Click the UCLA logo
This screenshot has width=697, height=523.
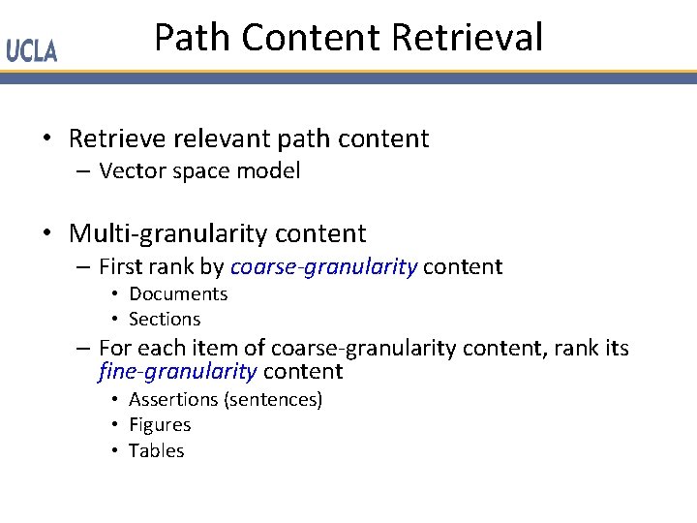(x=32, y=51)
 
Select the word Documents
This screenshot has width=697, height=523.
(x=178, y=293)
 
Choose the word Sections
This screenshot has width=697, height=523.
(x=165, y=319)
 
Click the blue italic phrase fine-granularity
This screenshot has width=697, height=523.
(x=178, y=372)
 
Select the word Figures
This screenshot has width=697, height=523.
(x=160, y=424)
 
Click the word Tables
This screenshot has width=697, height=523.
(x=156, y=450)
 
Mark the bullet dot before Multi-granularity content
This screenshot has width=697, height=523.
(x=47, y=234)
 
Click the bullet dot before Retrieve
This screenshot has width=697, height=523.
(x=47, y=139)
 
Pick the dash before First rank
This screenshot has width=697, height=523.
(x=80, y=267)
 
